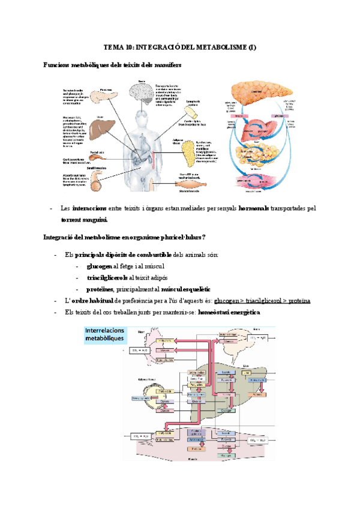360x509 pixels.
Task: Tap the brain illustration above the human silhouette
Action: (x=142, y=92)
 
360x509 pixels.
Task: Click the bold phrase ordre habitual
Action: (x=98, y=301)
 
